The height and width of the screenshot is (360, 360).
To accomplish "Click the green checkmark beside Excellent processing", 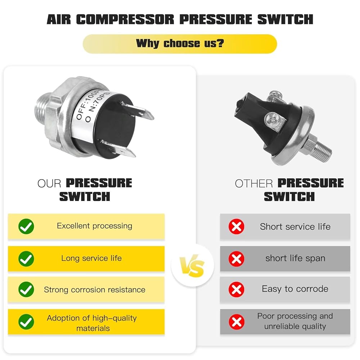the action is (x=26, y=226).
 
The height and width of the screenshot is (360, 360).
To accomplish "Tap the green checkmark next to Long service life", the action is (x=26, y=259).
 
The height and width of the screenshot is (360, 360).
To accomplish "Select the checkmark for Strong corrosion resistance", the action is (x=26, y=289).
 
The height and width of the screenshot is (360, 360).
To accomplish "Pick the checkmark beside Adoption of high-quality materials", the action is (x=26, y=322).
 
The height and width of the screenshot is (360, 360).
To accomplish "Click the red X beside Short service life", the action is (x=236, y=226).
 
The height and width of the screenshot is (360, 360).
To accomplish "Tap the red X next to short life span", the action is (x=236, y=259).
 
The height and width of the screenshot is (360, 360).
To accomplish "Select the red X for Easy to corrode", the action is (x=236, y=289).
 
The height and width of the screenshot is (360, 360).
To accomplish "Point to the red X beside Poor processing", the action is (x=236, y=322).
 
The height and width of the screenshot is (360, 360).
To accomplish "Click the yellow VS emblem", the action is (x=192, y=266).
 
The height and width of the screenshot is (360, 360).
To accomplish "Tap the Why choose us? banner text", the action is (x=180, y=43).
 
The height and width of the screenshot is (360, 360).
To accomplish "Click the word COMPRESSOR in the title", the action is (x=125, y=19).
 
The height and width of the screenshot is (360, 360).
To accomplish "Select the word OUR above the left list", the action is (x=49, y=184).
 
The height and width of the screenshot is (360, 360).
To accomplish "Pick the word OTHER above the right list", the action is (x=254, y=184).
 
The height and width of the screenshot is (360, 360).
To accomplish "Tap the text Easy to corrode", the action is (x=295, y=289).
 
